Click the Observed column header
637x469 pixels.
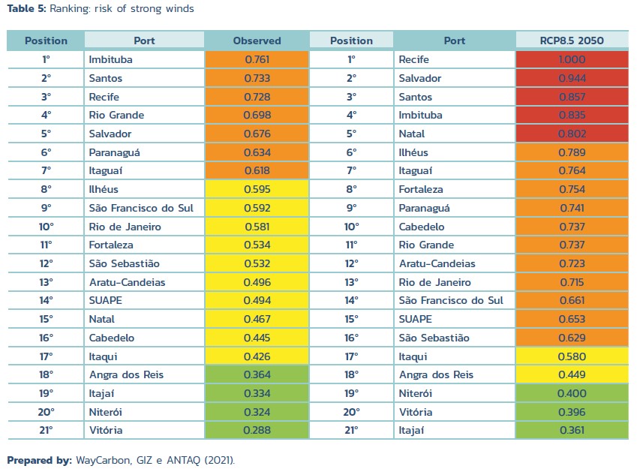tap(257, 41)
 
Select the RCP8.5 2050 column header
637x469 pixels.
tap(572, 41)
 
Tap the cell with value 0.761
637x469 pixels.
tap(257, 59)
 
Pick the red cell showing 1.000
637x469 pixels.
tap(572, 59)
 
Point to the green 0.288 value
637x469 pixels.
tap(257, 430)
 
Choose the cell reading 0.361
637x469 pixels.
tap(572, 430)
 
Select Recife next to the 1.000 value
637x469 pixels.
tap(414, 59)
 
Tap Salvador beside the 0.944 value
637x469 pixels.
tap(420, 78)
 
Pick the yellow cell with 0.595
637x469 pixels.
tap(257, 189)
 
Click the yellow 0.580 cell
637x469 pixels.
tap(572, 356)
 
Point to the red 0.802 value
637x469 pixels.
tap(572, 134)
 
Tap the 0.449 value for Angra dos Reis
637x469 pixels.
tap(572, 374)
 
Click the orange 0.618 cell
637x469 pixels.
tap(257, 171)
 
